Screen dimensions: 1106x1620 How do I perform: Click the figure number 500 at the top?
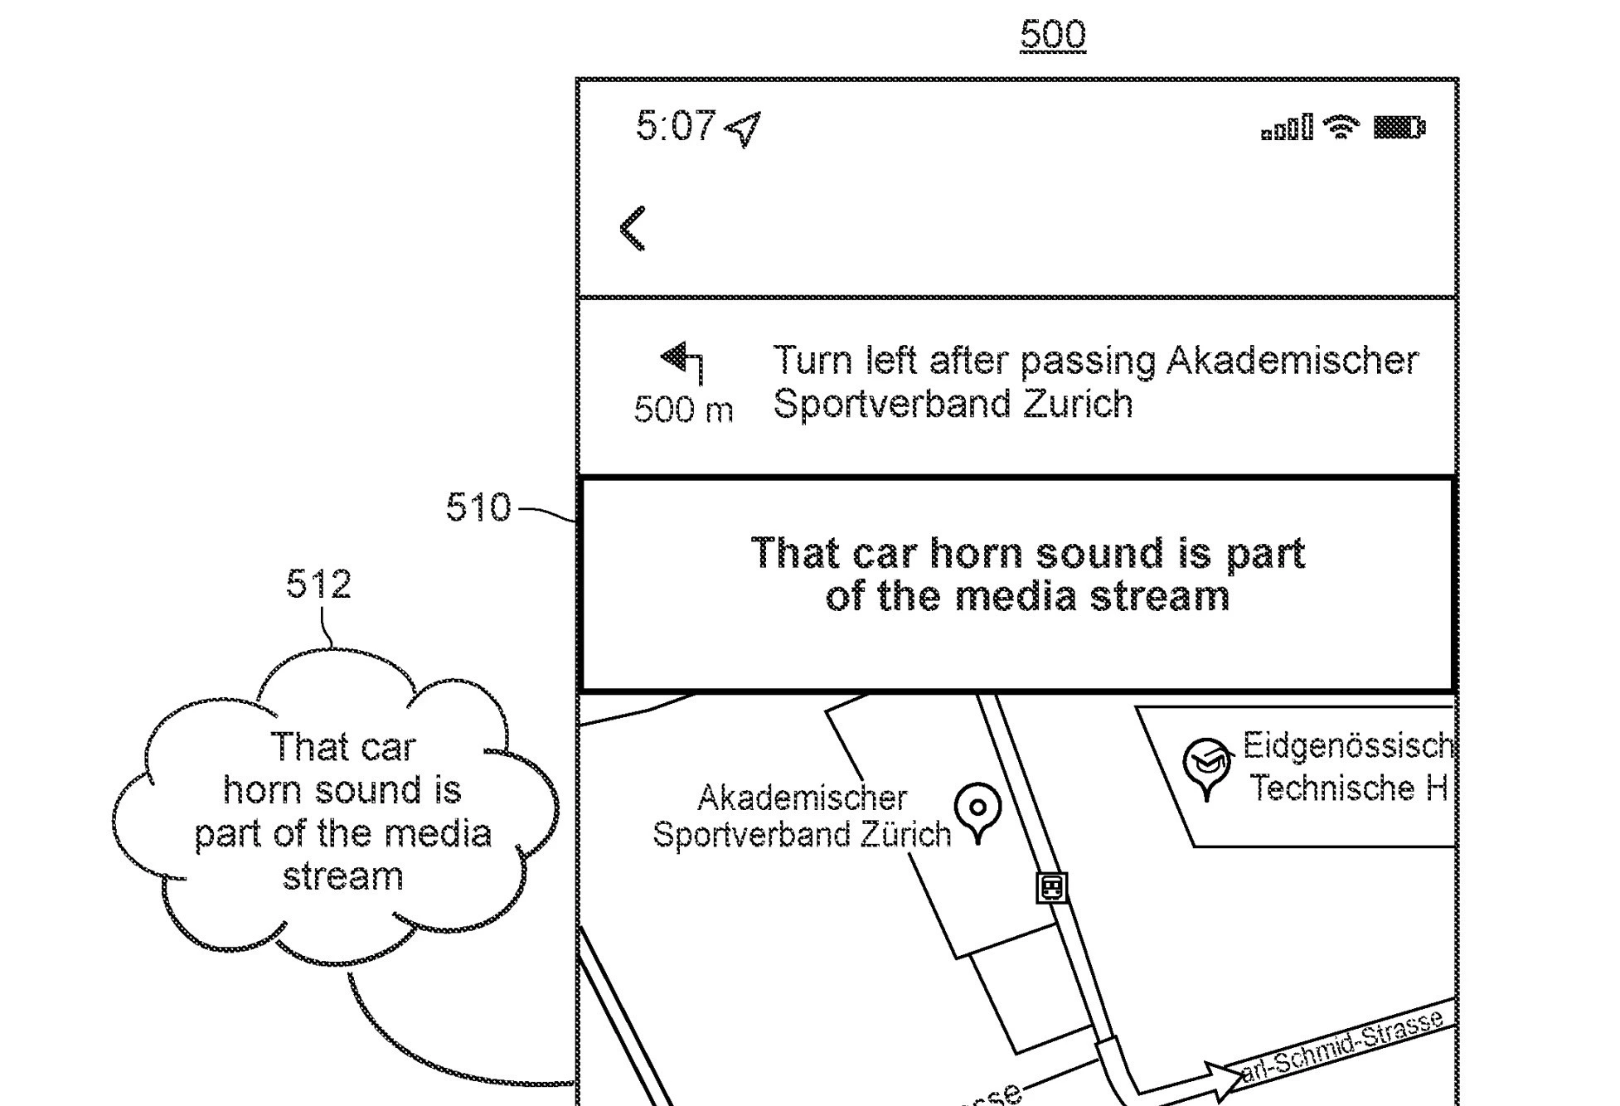point(1052,35)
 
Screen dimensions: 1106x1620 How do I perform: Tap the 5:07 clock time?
point(675,127)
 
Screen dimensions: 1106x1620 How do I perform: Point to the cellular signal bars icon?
point(1287,129)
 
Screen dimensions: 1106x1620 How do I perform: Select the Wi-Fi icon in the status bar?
point(1341,127)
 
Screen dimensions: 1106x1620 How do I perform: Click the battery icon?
point(1399,128)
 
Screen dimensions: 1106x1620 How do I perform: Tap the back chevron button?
point(633,228)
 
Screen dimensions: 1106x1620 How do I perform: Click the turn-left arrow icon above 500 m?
point(683,361)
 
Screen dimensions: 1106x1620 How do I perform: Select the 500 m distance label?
point(683,410)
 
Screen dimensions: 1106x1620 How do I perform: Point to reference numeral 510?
point(478,507)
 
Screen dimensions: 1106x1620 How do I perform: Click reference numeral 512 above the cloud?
point(318,585)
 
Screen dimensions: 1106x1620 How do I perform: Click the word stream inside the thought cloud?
point(342,877)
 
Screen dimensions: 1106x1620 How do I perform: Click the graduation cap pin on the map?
point(1207,766)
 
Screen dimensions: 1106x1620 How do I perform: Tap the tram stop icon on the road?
point(1051,887)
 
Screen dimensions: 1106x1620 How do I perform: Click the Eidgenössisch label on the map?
point(1347,746)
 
